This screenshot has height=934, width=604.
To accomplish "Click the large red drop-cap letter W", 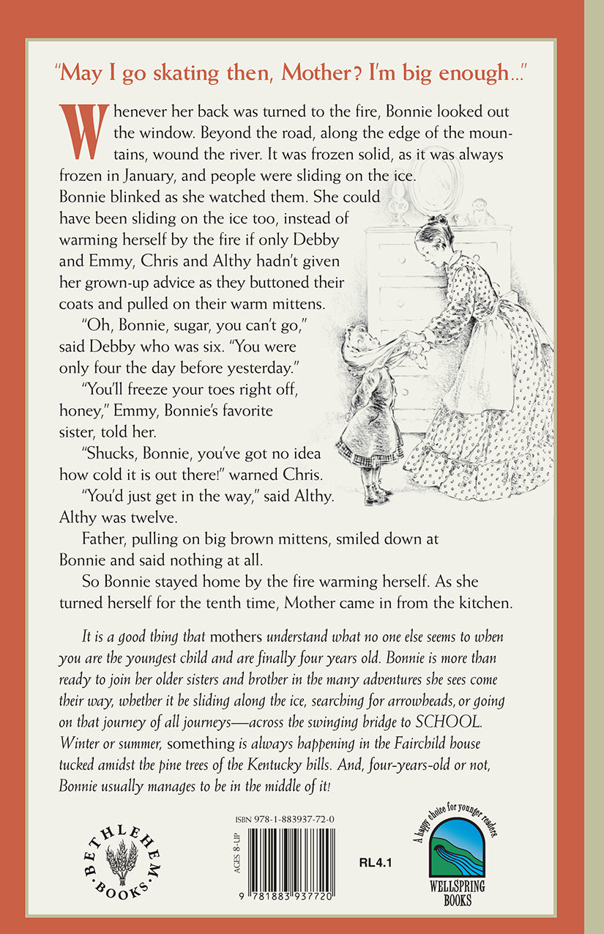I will [83, 132].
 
